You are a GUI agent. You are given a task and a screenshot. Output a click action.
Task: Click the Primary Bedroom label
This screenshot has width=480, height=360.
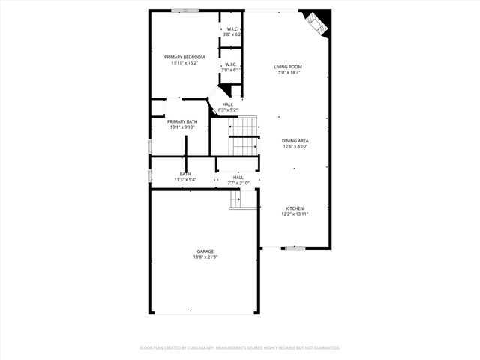(184, 57)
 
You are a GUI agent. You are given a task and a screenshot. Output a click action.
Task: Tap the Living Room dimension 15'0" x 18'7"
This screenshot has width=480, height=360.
(288, 73)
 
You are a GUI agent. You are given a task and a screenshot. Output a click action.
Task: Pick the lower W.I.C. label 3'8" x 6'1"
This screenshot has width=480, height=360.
(231, 66)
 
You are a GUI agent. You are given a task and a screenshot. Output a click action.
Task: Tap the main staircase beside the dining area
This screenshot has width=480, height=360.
(243, 136)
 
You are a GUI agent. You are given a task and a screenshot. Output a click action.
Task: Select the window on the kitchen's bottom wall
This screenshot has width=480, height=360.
(295, 247)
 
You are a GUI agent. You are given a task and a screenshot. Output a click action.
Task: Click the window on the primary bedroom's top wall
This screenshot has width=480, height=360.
(184, 10)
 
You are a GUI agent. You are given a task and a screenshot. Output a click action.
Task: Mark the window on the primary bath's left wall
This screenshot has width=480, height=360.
(150, 145)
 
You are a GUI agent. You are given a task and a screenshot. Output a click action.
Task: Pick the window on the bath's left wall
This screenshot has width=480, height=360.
(150, 175)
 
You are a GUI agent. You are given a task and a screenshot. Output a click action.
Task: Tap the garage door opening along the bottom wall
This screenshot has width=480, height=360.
(205, 313)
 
